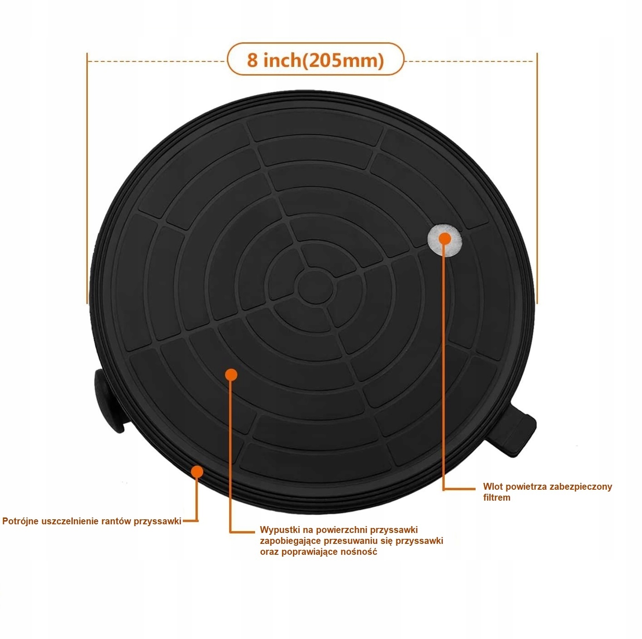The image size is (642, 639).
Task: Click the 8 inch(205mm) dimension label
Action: click(x=316, y=60)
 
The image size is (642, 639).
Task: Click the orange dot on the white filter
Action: click(x=445, y=238)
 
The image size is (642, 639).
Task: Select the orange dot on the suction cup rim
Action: click(x=197, y=472)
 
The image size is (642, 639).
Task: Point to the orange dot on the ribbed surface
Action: click(x=231, y=375)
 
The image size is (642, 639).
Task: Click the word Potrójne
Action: click(x=20, y=521)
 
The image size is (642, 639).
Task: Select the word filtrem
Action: click(x=497, y=497)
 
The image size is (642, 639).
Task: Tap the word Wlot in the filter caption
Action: click(x=492, y=487)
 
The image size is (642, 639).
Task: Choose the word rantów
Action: click(x=116, y=521)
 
